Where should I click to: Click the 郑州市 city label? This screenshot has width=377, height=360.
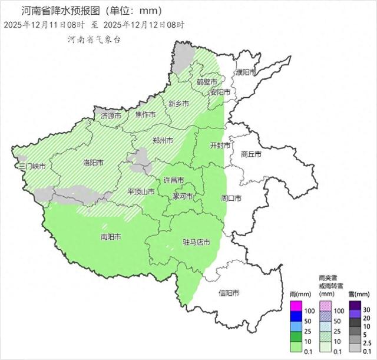(163, 141)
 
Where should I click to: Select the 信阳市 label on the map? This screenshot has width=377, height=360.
(229, 293)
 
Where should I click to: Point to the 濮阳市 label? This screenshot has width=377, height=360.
(246, 72)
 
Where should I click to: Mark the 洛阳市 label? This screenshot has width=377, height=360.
(94, 162)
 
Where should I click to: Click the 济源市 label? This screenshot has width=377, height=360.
(111, 115)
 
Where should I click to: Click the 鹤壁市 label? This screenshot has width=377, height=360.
(207, 81)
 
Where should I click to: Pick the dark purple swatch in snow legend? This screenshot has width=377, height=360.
(355, 305)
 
